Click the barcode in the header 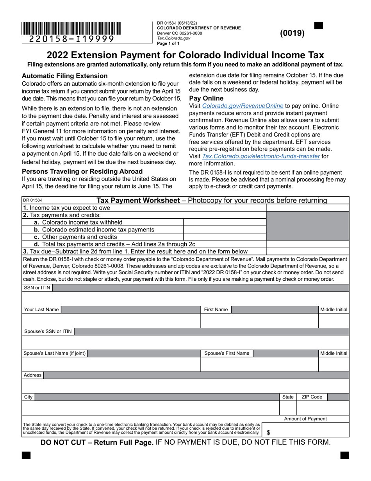[71, 29]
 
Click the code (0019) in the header [292, 33]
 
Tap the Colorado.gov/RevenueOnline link [243, 106]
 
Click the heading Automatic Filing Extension [64, 76]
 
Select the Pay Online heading [206, 98]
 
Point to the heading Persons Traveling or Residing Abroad [82, 171]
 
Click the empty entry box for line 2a [225, 222]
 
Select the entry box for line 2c [225, 237]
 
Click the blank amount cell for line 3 [307, 251]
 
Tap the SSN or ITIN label [37, 288]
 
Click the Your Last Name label [41, 310]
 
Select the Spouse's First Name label [227, 353]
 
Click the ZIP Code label [312, 397]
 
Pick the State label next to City [288, 397]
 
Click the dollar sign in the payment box [268, 433]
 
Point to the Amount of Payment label [305, 419]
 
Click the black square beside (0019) [319, 26]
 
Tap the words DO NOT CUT [65, 443]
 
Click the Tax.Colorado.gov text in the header [174, 38]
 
